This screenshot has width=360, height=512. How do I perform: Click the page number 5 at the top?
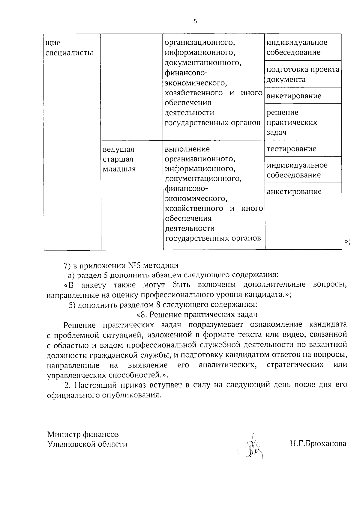(x=196, y=21)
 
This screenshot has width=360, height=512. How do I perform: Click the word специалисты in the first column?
(x=69, y=53)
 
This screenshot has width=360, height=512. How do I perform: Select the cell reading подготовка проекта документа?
(x=303, y=74)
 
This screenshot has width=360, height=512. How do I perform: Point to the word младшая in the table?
(x=119, y=169)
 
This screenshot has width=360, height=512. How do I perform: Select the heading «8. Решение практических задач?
(x=197, y=315)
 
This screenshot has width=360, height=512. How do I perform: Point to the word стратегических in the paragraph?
(x=295, y=365)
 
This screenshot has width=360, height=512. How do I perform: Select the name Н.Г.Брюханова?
(x=318, y=444)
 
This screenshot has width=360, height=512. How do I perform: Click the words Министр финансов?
(x=83, y=434)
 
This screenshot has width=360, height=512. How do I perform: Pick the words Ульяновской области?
(x=87, y=444)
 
